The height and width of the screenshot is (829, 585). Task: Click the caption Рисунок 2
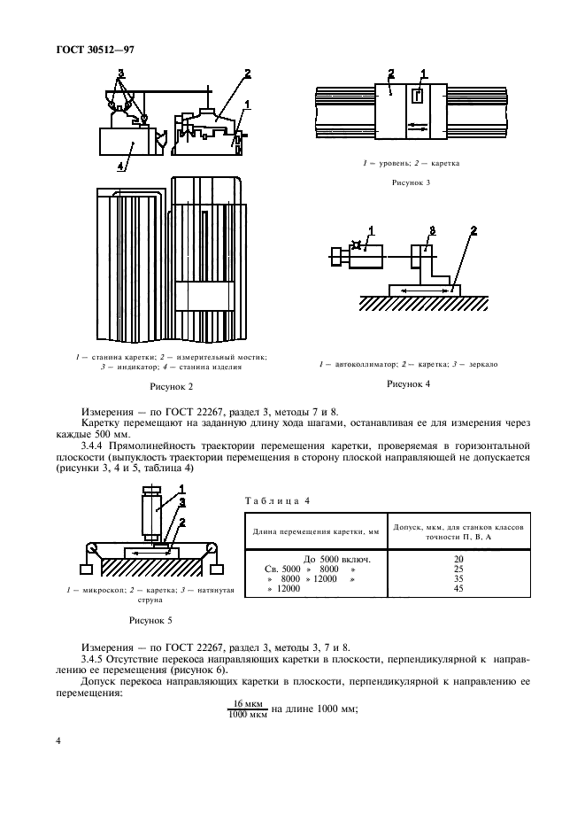[173, 386]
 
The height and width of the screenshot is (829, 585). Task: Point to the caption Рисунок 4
[409, 384]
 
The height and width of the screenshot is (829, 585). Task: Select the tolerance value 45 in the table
[458, 589]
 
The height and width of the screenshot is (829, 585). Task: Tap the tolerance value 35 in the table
[458, 579]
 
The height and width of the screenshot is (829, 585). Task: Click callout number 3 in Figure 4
[431, 231]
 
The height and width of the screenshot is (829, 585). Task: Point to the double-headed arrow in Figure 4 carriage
[422, 289]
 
